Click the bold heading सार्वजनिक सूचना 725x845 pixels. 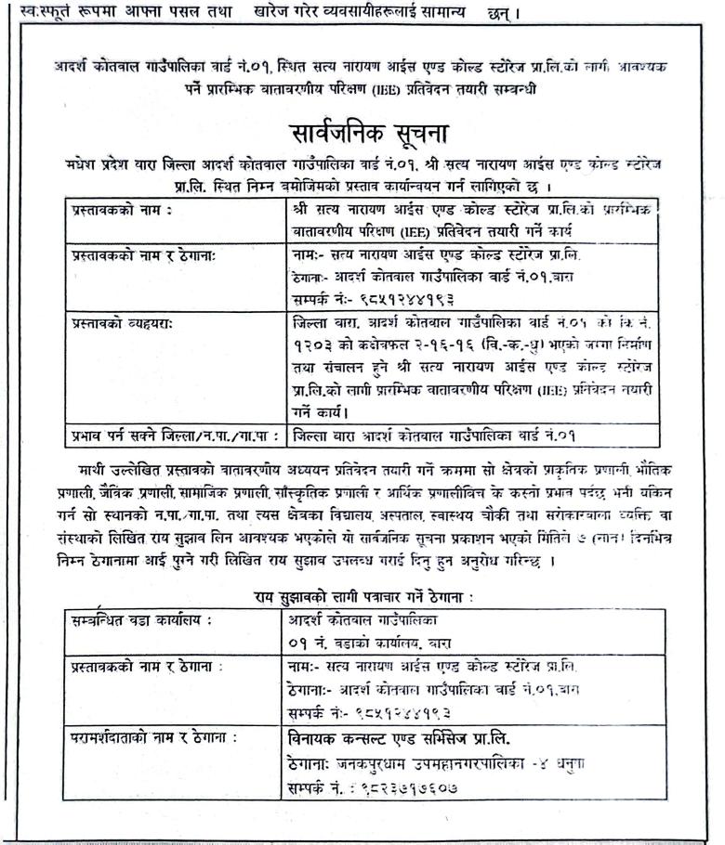362,129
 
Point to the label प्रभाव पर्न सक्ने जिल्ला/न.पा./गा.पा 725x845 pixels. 171,433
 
